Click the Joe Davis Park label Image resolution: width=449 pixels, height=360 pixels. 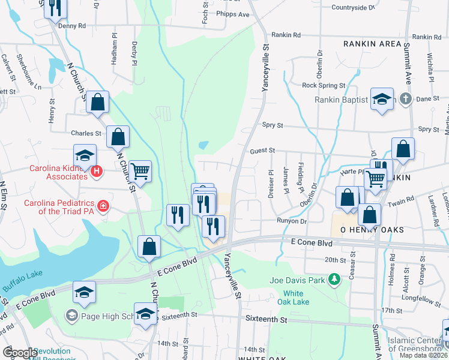[297, 279]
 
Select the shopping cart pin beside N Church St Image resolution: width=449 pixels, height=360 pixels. [140, 172]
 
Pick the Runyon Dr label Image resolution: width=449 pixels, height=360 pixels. [292, 221]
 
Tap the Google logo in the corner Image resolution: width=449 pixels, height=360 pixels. [20, 352]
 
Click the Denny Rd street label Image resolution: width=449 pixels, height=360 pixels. [72, 26]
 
